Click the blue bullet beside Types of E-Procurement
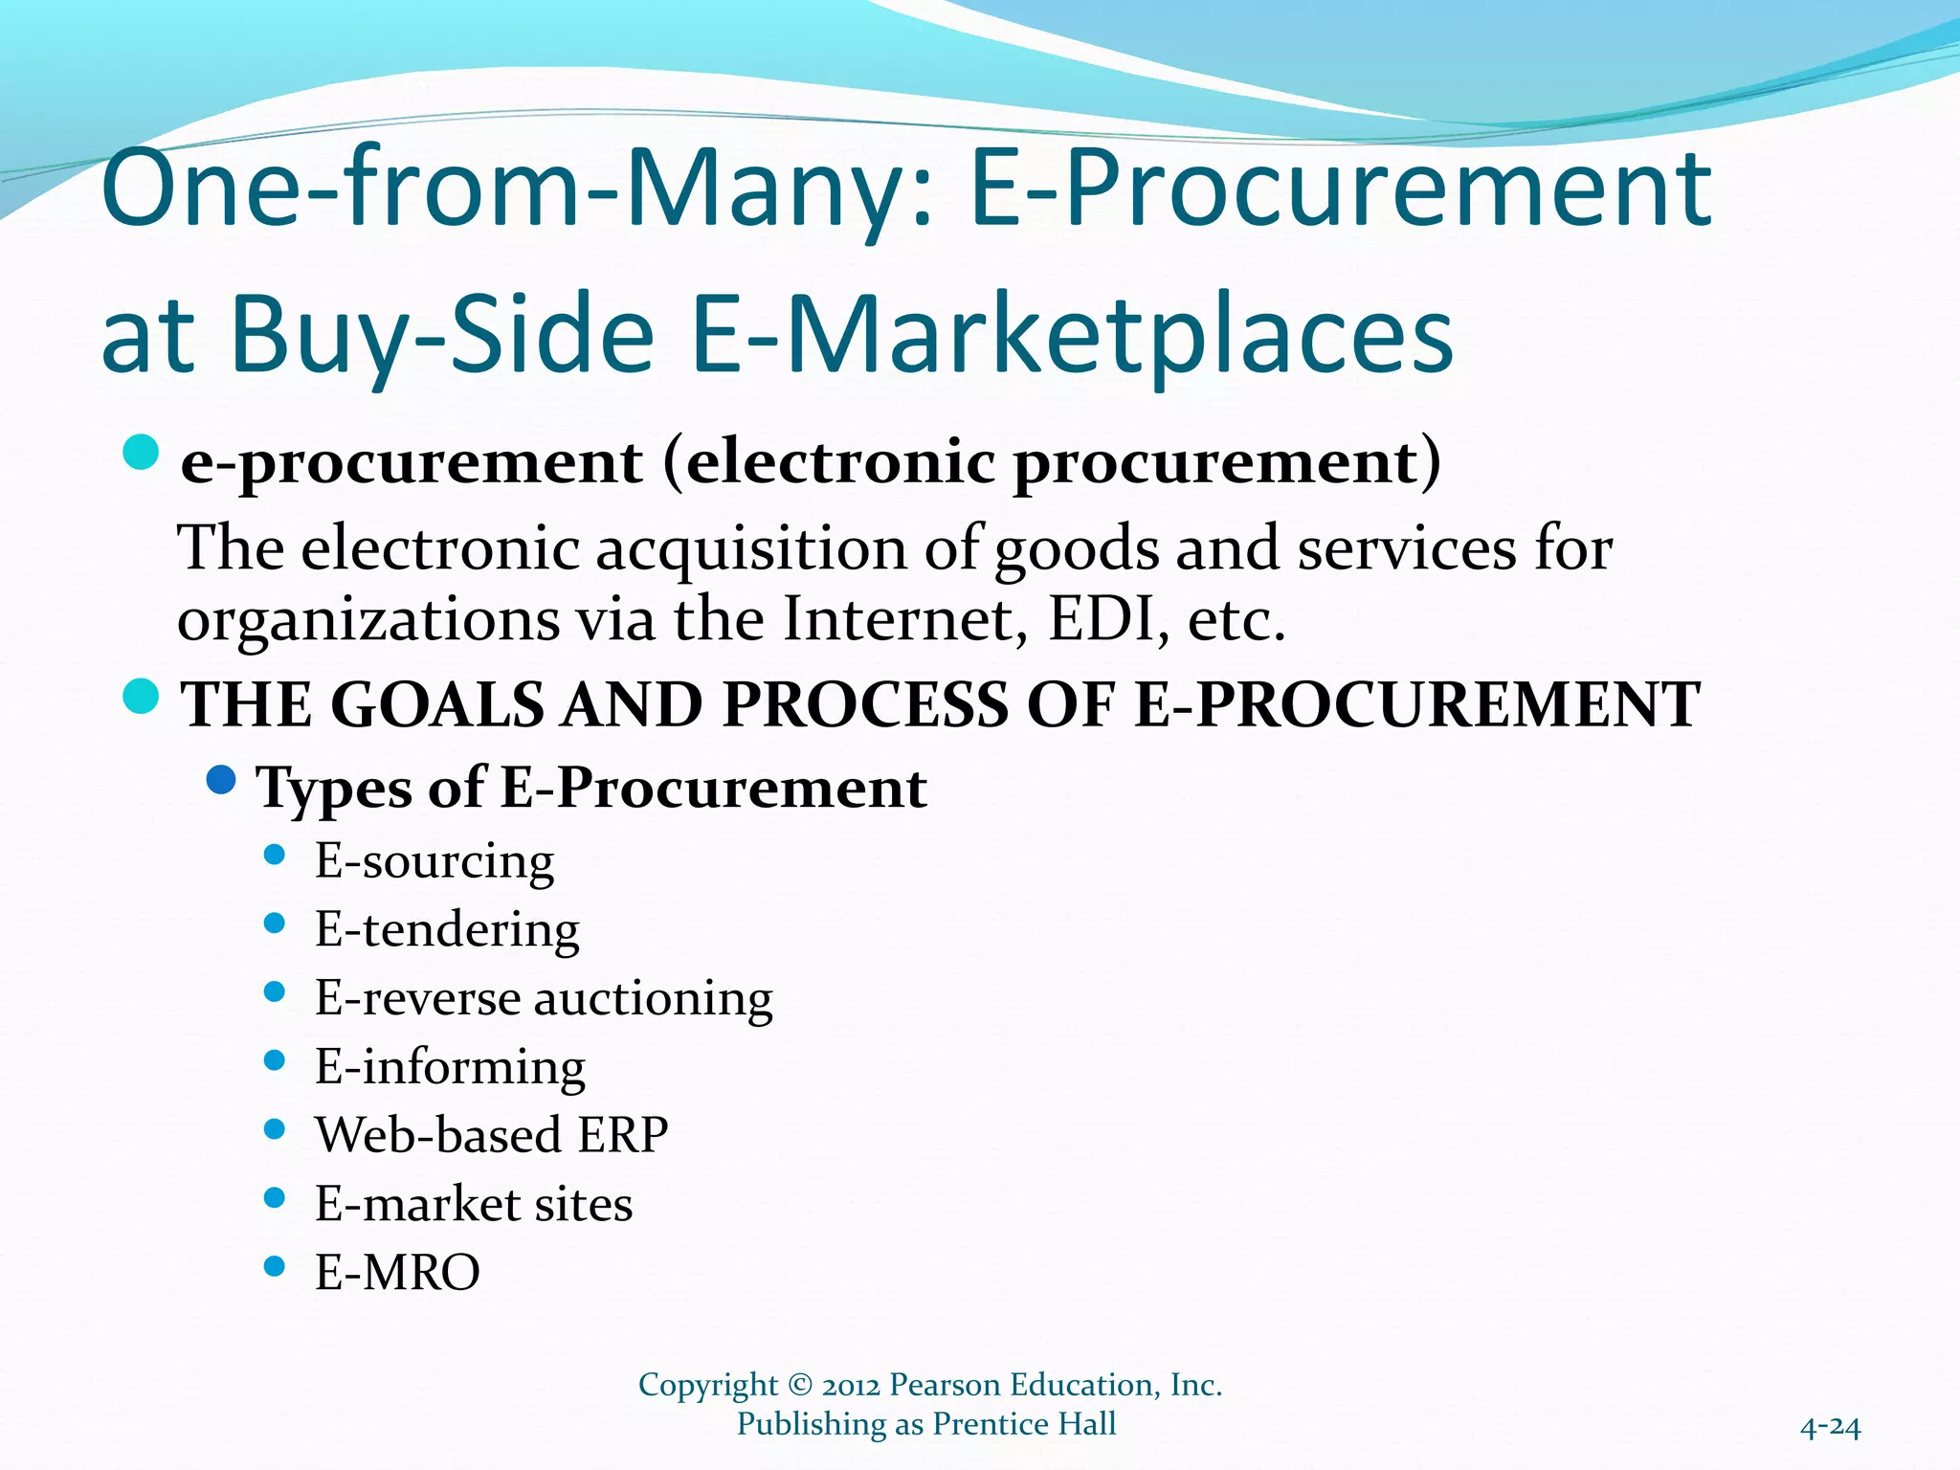(221, 780)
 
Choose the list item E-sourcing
(434, 860)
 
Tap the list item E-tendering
(447, 929)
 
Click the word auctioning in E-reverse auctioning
(653, 998)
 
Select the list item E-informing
(450, 1066)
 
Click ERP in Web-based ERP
(623, 1135)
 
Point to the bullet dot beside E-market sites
(275, 1198)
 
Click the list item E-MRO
(397, 1273)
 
